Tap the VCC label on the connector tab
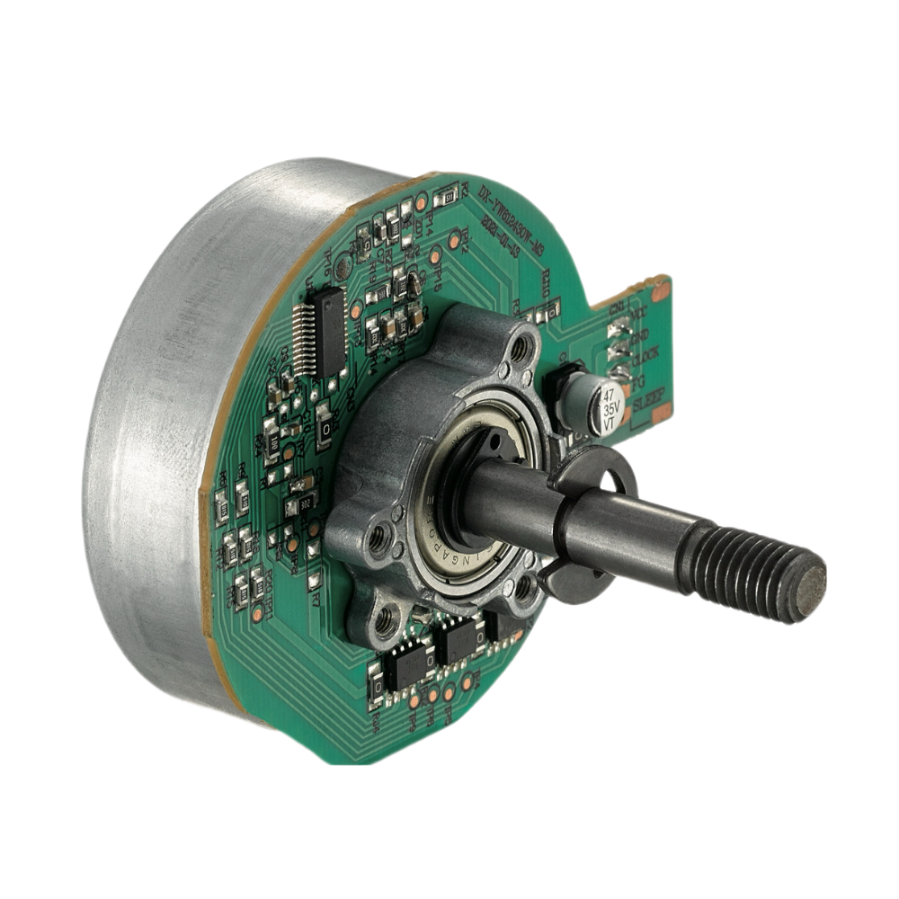[x=639, y=316]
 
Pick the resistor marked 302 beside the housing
[x=306, y=503]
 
